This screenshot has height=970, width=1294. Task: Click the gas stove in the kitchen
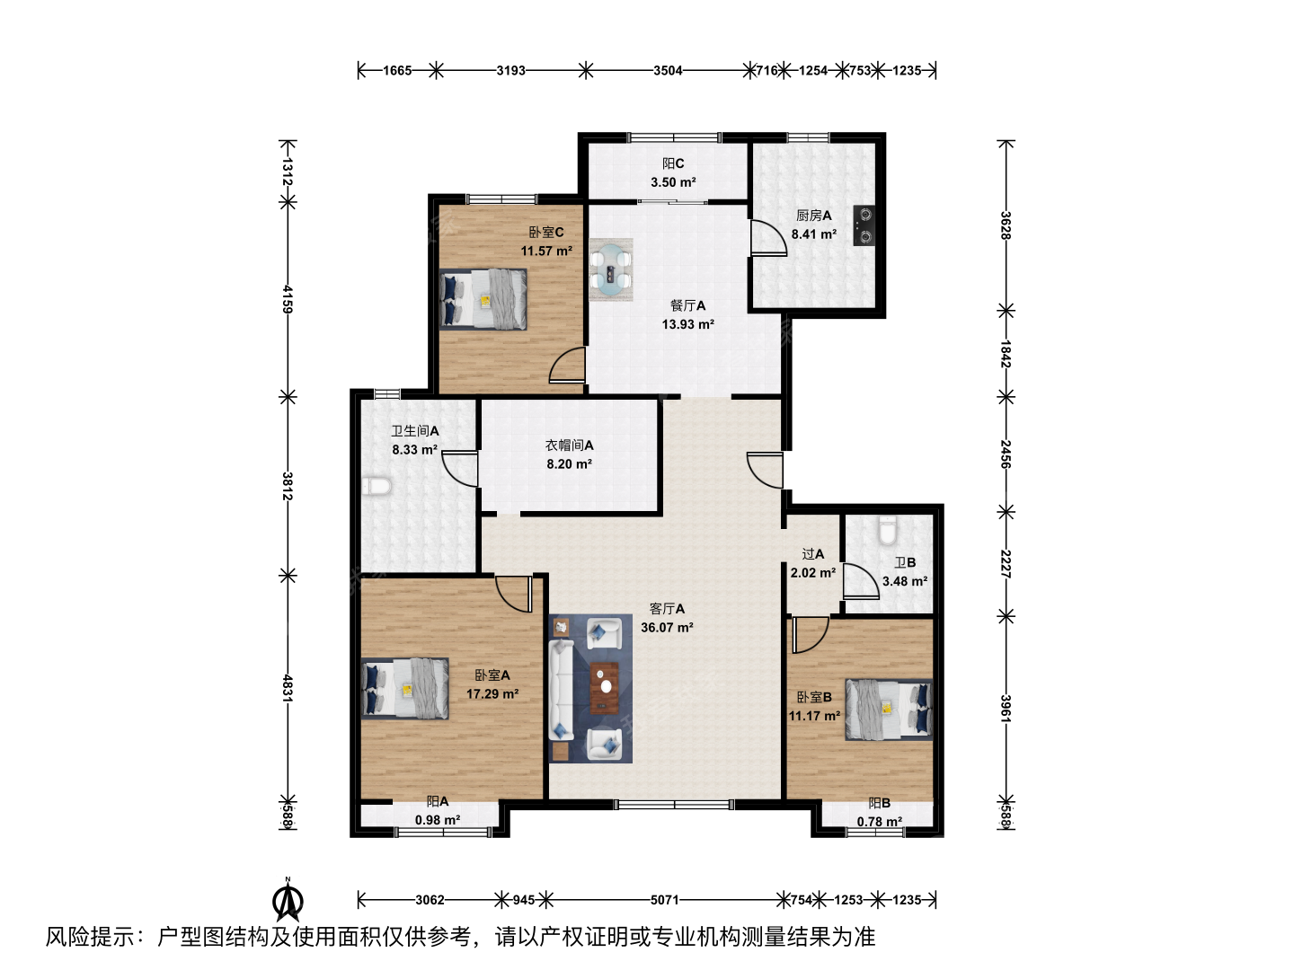pyautogui.click(x=864, y=225)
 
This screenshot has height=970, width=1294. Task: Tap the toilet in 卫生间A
pyautogui.click(x=377, y=487)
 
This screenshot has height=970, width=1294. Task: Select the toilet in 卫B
pyautogui.click(x=887, y=530)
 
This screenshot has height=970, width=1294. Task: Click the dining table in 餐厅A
pyautogui.click(x=611, y=269)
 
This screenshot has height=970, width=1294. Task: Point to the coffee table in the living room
pyautogui.click(x=604, y=687)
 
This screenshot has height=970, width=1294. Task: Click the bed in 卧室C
pyautogui.click(x=483, y=299)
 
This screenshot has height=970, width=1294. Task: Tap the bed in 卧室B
pyautogui.click(x=889, y=710)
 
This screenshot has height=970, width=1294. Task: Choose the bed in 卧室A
pyautogui.click(x=405, y=688)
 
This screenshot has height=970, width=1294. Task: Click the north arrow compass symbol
pyautogui.click(x=288, y=899)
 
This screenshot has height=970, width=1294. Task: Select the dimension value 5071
pyautogui.click(x=664, y=900)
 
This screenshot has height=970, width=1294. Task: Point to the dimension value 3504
pyautogui.click(x=668, y=71)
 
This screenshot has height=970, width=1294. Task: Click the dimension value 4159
pyautogui.click(x=288, y=299)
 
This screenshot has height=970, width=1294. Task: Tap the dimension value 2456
pyautogui.click(x=1006, y=454)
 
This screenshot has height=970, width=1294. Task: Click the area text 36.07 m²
pyautogui.click(x=667, y=628)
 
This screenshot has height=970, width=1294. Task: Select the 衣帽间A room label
pyautogui.click(x=569, y=445)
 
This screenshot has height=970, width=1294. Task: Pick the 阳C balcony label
pyautogui.click(x=673, y=163)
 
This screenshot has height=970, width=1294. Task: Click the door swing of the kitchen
pyautogui.click(x=768, y=238)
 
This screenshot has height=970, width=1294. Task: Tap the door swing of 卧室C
pyautogui.click(x=566, y=366)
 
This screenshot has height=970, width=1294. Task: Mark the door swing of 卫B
pyautogui.click(x=861, y=581)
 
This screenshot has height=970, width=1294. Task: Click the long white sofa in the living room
pyautogui.click(x=562, y=690)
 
